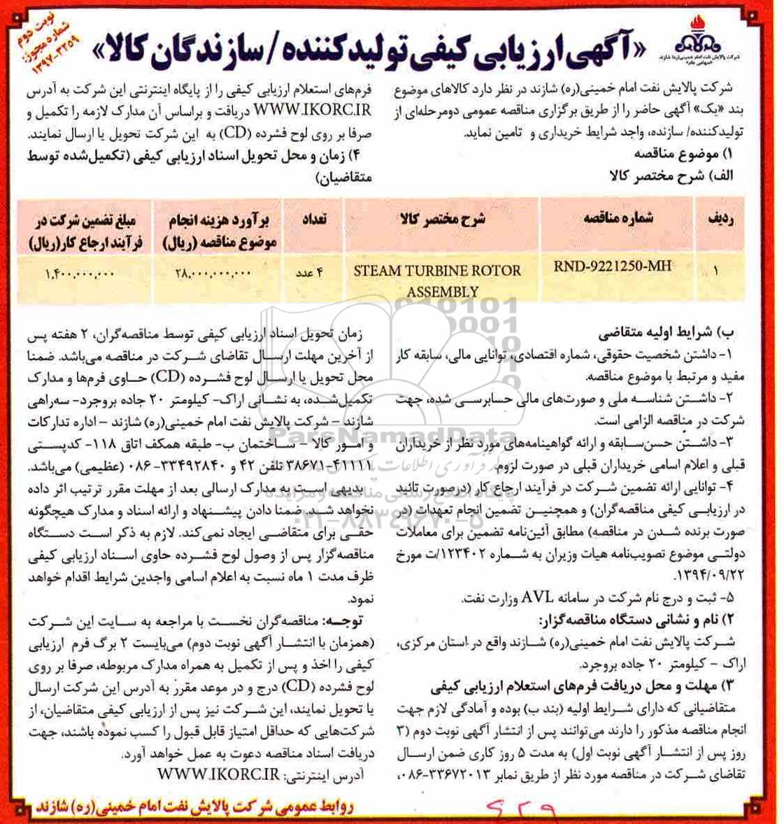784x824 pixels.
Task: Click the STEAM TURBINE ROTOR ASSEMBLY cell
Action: [x=437, y=280]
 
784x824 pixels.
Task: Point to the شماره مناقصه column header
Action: [x=618, y=218]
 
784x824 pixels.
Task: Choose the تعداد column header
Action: [x=313, y=218]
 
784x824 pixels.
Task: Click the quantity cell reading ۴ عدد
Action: [x=308, y=274]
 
